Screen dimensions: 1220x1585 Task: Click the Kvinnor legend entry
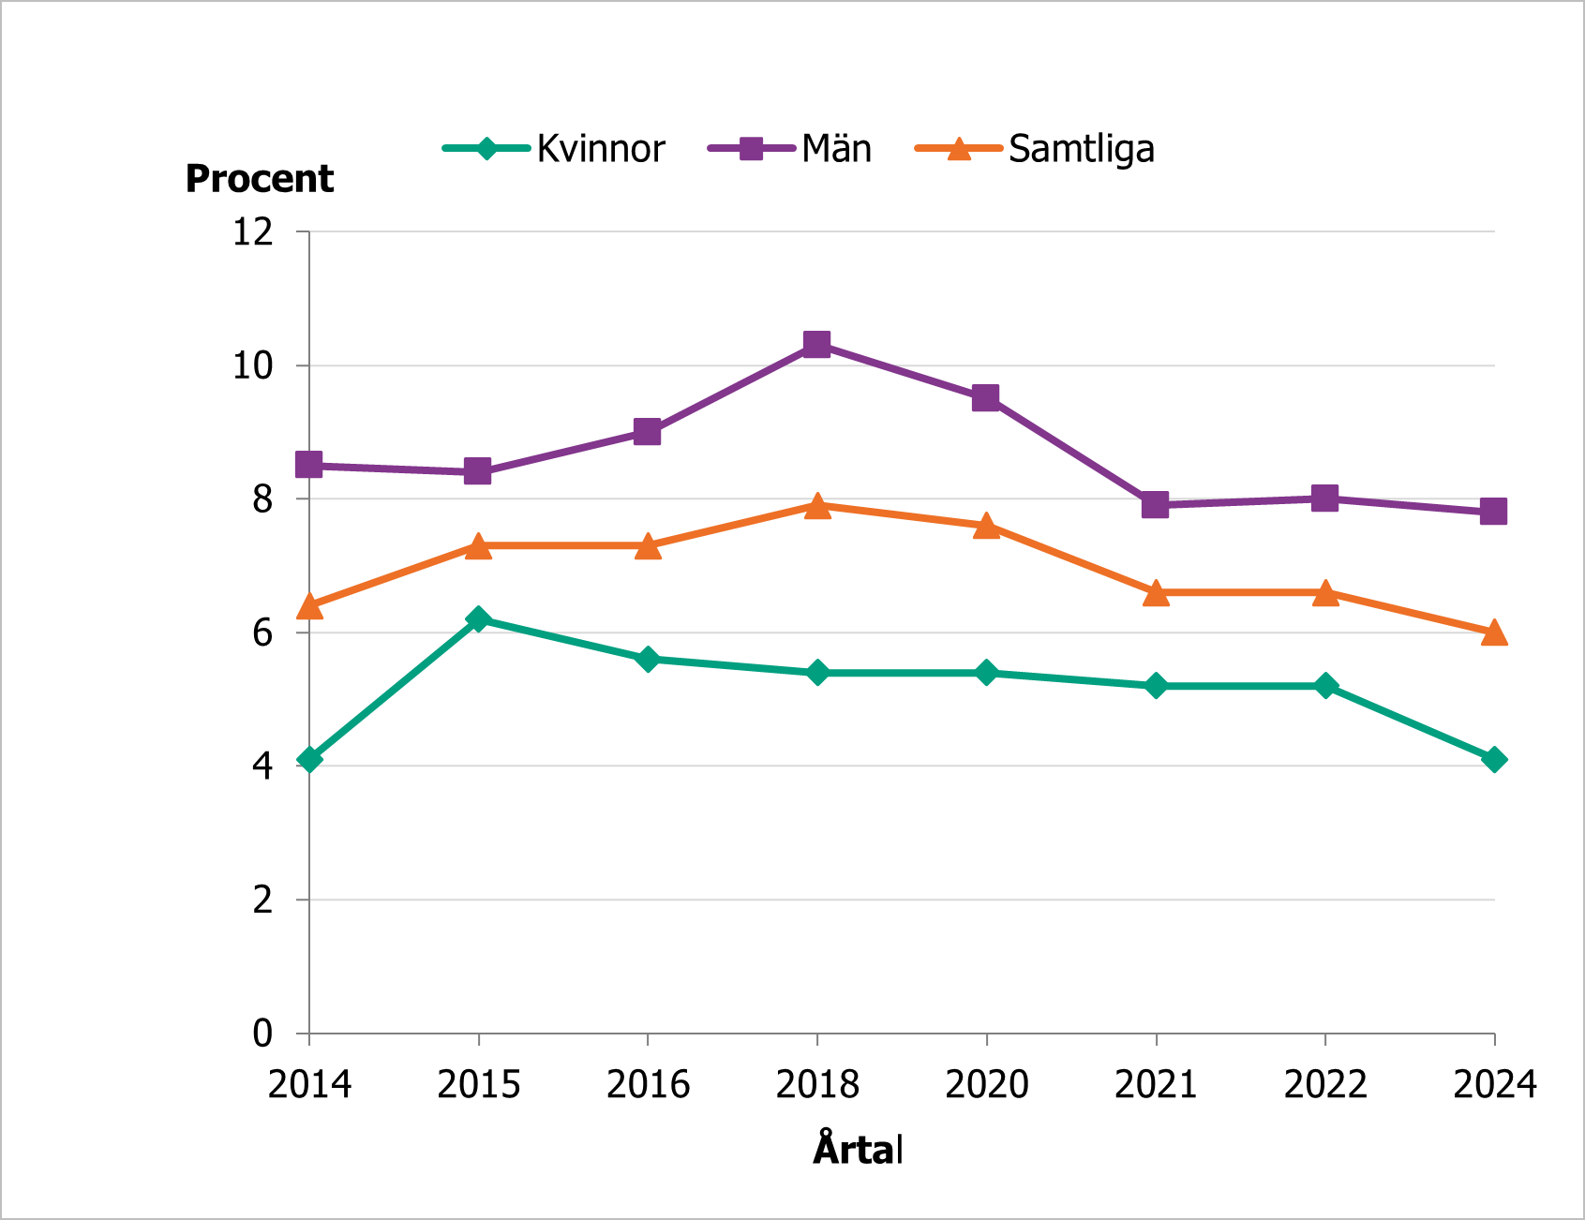click(555, 149)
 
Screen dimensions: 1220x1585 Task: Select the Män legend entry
click(790, 149)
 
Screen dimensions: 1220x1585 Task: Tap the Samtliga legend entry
click(1035, 149)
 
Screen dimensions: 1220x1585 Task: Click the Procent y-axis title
click(260, 179)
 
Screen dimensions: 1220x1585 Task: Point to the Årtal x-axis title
click(858, 1150)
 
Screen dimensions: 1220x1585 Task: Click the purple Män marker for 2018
click(816, 344)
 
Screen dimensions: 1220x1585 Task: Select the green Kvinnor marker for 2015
click(478, 618)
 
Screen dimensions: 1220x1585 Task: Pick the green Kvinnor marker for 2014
click(309, 759)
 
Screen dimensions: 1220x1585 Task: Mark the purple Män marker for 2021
click(1155, 505)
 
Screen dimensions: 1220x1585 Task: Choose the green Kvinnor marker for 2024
click(1494, 759)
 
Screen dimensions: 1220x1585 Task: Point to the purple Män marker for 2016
click(647, 432)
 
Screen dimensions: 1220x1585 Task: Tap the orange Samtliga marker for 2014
click(309, 607)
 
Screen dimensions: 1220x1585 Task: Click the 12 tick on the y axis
click(253, 231)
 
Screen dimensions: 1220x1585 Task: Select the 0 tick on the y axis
click(262, 1034)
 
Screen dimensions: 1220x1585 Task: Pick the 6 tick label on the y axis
click(262, 632)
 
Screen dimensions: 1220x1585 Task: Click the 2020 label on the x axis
click(986, 1085)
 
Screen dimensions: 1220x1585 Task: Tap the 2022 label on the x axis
click(1324, 1085)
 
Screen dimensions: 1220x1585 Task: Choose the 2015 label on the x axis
click(478, 1085)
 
